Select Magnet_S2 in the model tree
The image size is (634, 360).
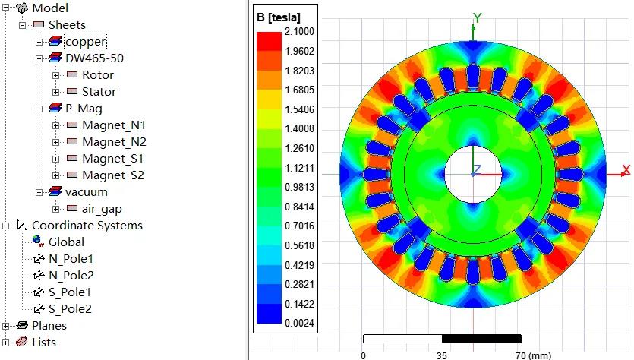[113, 175]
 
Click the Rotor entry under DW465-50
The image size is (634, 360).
[98, 75]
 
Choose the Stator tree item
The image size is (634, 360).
[99, 92]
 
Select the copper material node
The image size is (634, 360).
[85, 42]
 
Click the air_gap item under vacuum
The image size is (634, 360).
[102, 209]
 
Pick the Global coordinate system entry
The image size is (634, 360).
[67, 242]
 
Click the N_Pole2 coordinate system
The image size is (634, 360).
[71, 276]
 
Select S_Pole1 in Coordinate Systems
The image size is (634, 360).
[71, 292]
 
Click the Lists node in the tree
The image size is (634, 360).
[44, 343]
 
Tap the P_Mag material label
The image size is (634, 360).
[84, 109]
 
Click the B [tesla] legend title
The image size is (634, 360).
[279, 17]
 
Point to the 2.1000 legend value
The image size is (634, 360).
[298, 32]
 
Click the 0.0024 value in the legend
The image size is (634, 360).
[298, 324]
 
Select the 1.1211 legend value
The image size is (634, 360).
[298, 168]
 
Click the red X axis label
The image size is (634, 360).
[626, 169]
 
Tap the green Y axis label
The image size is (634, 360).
[477, 17]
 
